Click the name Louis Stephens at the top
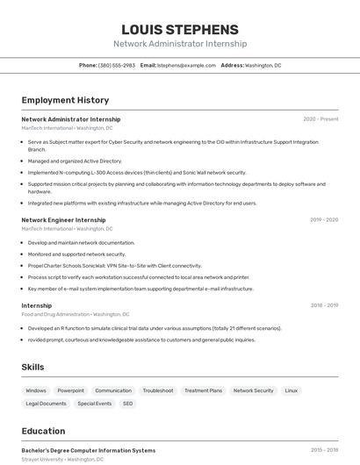click(179, 30)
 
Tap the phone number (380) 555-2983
click(117, 65)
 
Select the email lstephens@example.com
click(186, 65)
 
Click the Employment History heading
click(65, 100)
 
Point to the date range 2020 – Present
click(320, 119)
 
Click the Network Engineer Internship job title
click(63, 220)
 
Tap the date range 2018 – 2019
click(324, 305)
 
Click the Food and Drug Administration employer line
click(75, 314)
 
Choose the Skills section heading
click(33, 367)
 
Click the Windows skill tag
click(36, 390)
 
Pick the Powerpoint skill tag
click(71, 390)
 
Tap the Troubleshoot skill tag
click(158, 390)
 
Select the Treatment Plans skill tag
click(203, 390)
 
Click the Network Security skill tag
click(253, 390)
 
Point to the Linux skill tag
click(292, 390)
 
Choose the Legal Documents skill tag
click(46, 404)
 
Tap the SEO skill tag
click(128, 404)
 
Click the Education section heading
click(43, 431)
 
